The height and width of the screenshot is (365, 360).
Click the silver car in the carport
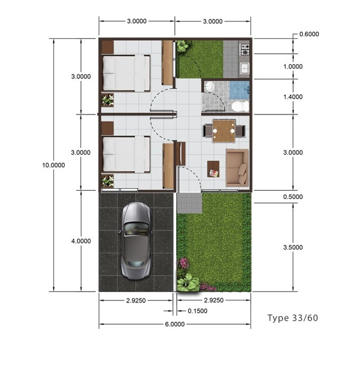click(136, 241)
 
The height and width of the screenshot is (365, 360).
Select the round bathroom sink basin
click(210, 87)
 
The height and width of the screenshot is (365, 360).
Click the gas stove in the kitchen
click(244, 49)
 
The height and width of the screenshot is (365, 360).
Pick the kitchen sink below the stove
click(244, 67)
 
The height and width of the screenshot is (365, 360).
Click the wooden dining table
click(224, 131)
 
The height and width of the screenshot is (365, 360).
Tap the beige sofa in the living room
click(237, 168)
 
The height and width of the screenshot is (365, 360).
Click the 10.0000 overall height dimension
click(53, 165)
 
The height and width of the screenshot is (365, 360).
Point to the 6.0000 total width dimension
click(175, 324)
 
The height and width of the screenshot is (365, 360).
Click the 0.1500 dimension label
click(197, 311)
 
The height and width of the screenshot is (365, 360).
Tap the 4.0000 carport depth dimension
click(81, 241)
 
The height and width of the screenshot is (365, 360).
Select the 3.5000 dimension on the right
click(293, 248)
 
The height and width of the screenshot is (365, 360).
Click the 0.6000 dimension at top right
click(309, 34)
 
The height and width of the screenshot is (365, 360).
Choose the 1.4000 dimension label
click(293, 97)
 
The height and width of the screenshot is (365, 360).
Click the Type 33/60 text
click(292, 318)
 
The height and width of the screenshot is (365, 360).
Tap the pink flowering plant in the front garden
click(184, 263)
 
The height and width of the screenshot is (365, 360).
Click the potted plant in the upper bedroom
click(108, 100)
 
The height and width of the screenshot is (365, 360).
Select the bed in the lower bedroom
click(126, 154)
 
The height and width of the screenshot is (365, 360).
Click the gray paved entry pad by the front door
click(189, 203)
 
